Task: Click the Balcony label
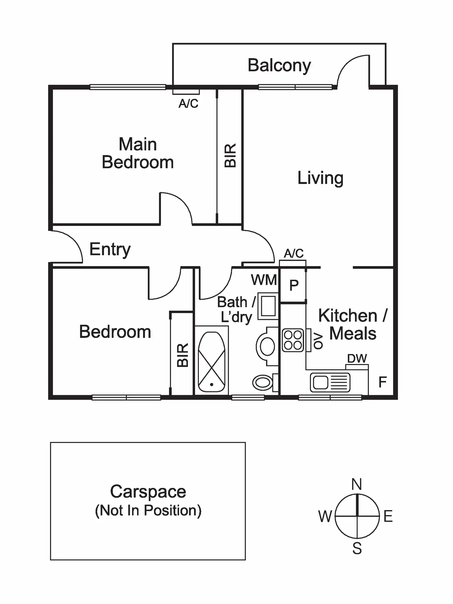[x=279, y=65]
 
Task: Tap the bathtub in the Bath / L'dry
[x=211, y=362]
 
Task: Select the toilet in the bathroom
[x=263, y=382]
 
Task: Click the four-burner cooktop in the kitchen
[x=293, y=340]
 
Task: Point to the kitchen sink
[x=330, y=383]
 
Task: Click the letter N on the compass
[x=357, y=484]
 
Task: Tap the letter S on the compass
[x=357, y=548]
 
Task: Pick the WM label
[x=264, y=280]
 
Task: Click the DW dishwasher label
[x=357, y=358]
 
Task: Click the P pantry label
[x=294, y=285]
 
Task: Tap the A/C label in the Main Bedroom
[x=188, y=104]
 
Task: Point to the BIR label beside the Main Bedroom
[x=230, y=155]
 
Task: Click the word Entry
[x=110, y=249]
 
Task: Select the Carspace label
[x=148, y=491]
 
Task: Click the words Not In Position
[x=148, y=511]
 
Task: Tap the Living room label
[x=320, y=178]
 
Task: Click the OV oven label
[x=318, y=341]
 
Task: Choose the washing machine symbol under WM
[x=268, y=306]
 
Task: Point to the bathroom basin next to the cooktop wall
[x=267, y=346]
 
